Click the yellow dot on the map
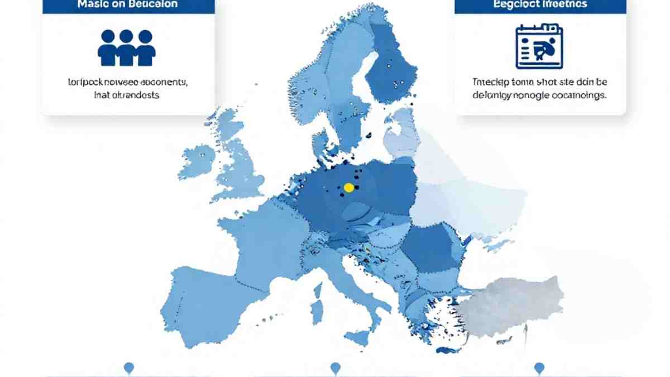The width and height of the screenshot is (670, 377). click(x=348, y=188)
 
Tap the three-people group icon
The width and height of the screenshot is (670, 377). click(x=126, y=47)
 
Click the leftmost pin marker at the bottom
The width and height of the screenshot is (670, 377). click(x=129, y=368)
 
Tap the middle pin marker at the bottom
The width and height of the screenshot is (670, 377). click(x=335, y=368)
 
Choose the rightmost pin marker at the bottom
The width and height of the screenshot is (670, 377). click(x=539, y=368)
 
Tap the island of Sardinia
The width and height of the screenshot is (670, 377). click(x=317, y=309)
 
